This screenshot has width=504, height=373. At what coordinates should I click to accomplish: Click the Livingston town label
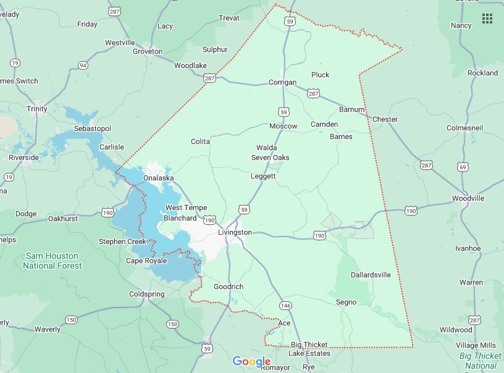coord(235,232)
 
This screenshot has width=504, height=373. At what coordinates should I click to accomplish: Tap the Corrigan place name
coord(282,82)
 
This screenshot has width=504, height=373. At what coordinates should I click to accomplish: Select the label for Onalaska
coord(158,178)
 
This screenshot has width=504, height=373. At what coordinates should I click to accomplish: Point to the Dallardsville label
coord(371,275)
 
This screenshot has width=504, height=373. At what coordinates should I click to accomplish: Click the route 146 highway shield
coord(285,306)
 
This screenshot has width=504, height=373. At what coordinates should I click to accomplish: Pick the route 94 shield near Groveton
coord(83,65)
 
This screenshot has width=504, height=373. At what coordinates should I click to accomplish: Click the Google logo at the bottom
coord(251,361)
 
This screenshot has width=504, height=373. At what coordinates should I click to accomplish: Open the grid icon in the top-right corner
coord(487,18)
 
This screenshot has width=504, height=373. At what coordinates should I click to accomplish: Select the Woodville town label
coord(468,198)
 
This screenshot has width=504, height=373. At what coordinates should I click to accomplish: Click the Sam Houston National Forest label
coord(52,261)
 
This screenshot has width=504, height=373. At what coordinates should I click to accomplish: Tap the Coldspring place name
coord(146,295)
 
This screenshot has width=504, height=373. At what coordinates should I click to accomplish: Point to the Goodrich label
coord(228,287)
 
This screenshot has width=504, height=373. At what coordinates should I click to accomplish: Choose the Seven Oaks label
coord(270,157)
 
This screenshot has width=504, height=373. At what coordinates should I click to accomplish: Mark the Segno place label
coord(346,302)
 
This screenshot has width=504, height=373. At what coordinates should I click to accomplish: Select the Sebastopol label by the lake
coord(92,128)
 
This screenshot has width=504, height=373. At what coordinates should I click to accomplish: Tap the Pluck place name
coord(320,75)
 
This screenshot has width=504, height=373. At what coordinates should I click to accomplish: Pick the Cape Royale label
coord(146,261)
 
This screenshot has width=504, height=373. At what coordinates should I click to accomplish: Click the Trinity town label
coord(37,109)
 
